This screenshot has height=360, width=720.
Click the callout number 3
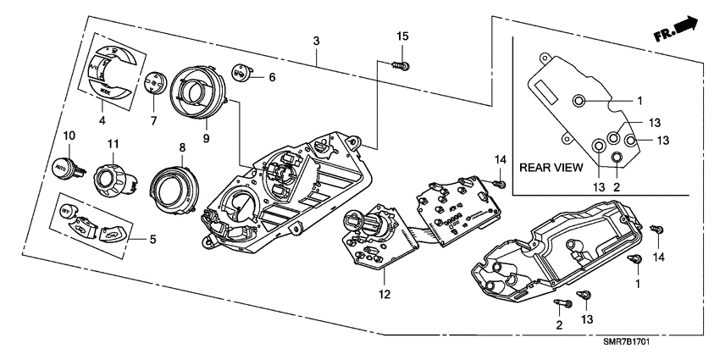pos(316,41)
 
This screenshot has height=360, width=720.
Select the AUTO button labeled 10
pos(64,167)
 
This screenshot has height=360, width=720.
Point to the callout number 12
pos(384,294)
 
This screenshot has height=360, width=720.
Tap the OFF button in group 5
pos(69,211)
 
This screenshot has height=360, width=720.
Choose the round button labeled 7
pos(153,85)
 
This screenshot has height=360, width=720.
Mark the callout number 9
pos(205,137)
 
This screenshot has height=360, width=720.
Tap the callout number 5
pos(152,240)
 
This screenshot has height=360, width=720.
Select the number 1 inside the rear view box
pos(640,100)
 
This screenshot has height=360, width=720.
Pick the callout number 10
pos(69,136)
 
